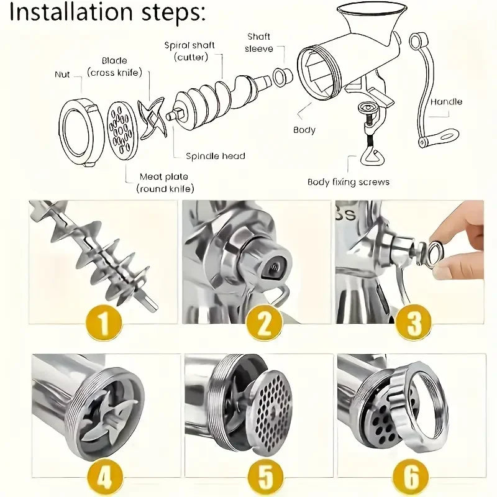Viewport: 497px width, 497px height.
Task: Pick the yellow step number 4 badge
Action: [x=104, y=477]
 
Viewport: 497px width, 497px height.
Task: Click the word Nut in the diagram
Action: [x=62, y=75]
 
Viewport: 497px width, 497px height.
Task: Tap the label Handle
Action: [x=446, y=101]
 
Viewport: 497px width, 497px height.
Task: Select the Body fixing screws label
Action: [x=349, y=182]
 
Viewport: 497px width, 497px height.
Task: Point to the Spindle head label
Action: [x=216, y=156]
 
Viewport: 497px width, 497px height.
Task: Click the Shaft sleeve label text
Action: [x=258, y=42]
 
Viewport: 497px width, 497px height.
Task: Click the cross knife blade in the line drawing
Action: [x=152, y=117]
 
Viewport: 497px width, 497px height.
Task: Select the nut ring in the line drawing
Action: [x=81, y=132]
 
